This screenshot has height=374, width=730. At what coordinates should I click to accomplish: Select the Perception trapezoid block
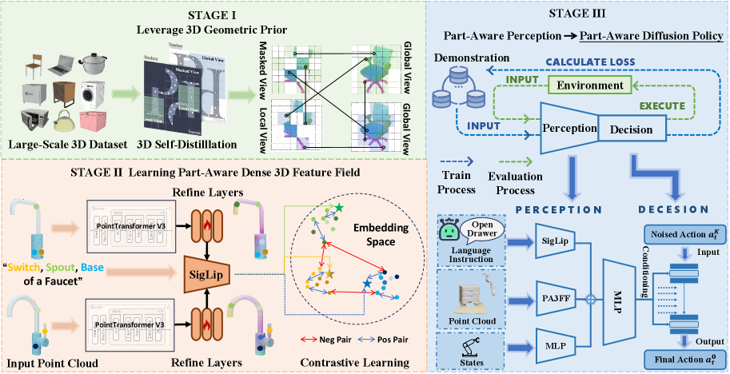click(x=567, y=128)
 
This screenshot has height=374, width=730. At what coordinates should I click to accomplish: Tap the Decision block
click(x=629, y=128)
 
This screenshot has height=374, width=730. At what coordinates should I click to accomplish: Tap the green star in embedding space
click(x=339, y=209)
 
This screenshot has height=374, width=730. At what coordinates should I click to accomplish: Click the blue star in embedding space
click(x=366, y=284)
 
